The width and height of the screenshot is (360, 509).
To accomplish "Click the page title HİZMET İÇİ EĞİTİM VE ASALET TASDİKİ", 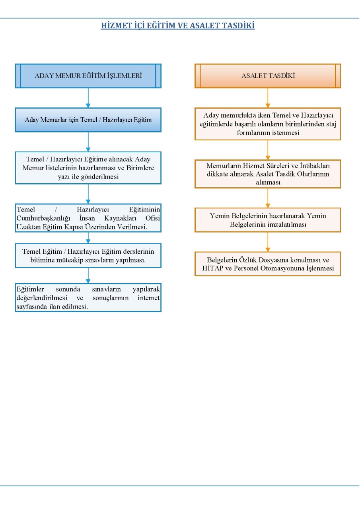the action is (178, 25).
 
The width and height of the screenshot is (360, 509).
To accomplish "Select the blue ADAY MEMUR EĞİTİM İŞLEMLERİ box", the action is (88, 76).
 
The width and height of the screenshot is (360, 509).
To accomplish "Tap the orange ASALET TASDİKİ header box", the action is (268, 76).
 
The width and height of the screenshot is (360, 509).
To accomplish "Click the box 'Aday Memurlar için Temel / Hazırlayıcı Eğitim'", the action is (88, 120).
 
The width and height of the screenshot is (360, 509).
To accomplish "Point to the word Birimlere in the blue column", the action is (140, 168).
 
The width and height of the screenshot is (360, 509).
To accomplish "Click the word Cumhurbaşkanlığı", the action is (43, 218).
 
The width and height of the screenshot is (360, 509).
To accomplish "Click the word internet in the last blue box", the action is (149, 298).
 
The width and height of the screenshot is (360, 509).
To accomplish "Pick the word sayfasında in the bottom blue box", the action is (32, 307).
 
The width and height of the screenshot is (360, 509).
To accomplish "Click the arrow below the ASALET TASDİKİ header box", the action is (268, 98).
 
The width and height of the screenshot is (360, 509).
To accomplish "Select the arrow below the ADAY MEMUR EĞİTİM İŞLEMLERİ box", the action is (88, 98).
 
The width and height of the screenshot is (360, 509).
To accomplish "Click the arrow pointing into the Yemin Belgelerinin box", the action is (268, 198).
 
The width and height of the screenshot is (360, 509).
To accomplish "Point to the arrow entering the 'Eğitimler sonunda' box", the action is (88, 276).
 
